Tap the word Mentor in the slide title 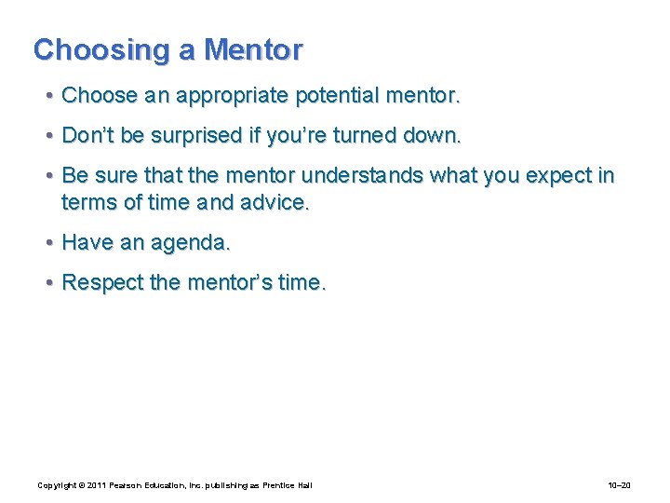[253, 50]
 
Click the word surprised [202, 136]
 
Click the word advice [275, 202]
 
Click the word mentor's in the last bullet [225, 283]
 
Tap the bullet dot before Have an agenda [47, 243]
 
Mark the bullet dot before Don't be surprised [47, 136]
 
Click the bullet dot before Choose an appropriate [47, 96]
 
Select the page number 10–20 [619, 485]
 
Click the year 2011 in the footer [93, 485]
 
